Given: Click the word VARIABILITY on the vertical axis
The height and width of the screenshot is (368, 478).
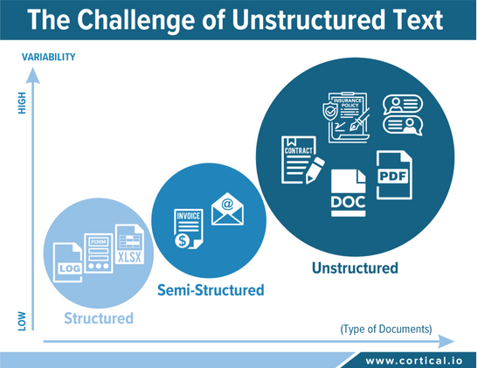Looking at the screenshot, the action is pyautogui.click(x=48, y=57).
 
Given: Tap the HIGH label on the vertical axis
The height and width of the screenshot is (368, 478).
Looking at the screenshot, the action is pyautogui.click(x=22, y=103).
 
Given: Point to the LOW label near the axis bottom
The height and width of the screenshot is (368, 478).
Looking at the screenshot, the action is pyautogui.click(x=22, y=321).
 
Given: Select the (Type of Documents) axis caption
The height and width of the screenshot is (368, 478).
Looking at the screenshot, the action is pyautogui.click(x=386, y=329).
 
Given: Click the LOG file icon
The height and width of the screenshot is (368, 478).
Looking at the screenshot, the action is pyautogui.click(x=67, y=262).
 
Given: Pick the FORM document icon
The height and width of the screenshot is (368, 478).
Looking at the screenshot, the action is pyautogui.click(x=99, y=253).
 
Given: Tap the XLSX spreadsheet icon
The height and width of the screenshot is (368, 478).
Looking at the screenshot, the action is pyautogui.click(x=129, y=244).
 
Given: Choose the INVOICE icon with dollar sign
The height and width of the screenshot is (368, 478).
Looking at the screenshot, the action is pyautogui.click(x=189, y=229).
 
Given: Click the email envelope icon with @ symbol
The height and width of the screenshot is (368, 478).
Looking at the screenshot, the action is pyautogui.click(x=227, y=209).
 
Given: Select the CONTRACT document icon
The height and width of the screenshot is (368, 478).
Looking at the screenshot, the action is pyautogui.click(x=302, y=160).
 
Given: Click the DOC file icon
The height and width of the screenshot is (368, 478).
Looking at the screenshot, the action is pyautogui.click(x=349, y=193).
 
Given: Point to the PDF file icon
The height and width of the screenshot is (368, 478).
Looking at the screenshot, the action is pyautogui.click(x=394, y=175).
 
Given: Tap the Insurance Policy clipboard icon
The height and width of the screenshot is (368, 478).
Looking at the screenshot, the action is pyautogui.click(x=347, y=117).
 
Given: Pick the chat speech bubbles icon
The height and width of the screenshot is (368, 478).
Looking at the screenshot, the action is pyautogui.click(x=403, y=115).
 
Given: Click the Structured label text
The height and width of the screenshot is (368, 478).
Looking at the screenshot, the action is pyautogui.click(x=99, y=318).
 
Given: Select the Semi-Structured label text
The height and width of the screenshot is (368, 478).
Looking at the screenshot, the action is pyautogui.click(x=211, y=290).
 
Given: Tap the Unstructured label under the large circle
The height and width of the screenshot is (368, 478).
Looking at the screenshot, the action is pyautogui.click(x=355, y=268).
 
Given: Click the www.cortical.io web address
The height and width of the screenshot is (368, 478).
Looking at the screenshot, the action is pyautogui.click(x=414, y=361).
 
